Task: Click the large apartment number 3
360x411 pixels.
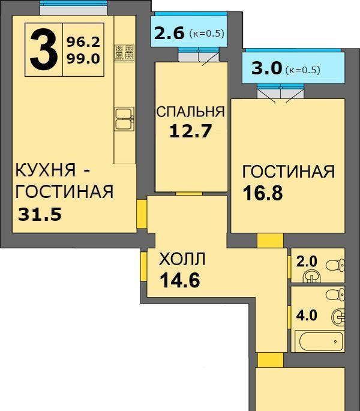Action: click(44, 50)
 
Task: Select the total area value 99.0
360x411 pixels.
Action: click(83, 58)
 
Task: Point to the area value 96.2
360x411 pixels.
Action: click(83, 42)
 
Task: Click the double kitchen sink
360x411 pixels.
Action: click(125, 119)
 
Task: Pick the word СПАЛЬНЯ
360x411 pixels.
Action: click(191, 112)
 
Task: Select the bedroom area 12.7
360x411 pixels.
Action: click(190, 131)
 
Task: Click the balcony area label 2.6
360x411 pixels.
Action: click(169, 33)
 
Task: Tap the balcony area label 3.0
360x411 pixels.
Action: click(266, 68)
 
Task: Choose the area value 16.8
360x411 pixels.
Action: click(263, 193)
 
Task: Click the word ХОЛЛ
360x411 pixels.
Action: click(182, 260)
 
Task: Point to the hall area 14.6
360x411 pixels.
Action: click(180, 280)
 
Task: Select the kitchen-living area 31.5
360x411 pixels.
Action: click(40, 214)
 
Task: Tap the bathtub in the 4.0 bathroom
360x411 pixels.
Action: click(319, 341)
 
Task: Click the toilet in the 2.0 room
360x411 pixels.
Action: click(335, 265)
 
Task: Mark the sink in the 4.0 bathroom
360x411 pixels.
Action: click(338, 316)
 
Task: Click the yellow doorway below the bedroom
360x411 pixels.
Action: click(189, 193)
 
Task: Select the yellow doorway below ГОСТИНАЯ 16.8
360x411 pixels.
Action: click(270, 241)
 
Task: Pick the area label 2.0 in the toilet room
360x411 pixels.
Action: click(307, 262)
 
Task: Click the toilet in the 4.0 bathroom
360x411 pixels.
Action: click(335, 293)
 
